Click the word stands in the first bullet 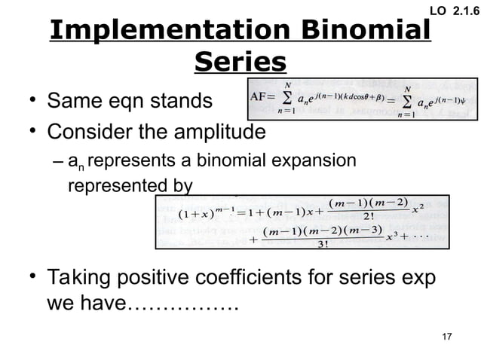pos(184,101)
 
